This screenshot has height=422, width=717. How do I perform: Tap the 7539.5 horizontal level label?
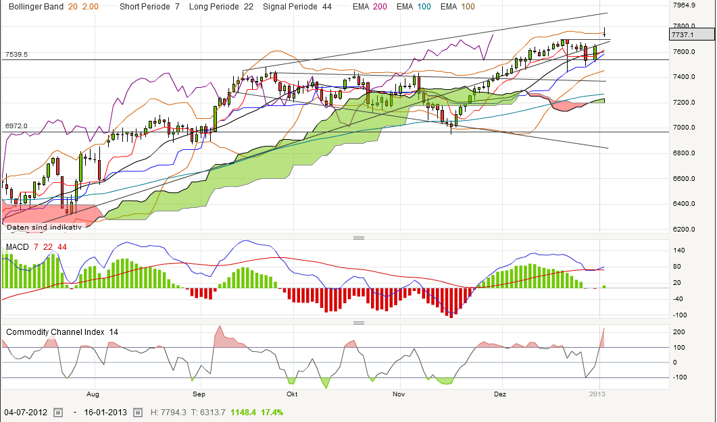pyautogui.click(x=16, y=54)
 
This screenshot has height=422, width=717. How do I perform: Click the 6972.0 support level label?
pyautogui.click(x=16, y=126)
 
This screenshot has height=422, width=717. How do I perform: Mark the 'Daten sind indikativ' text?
pyautogui.click(x=44, y=227)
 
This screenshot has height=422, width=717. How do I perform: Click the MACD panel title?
pyautogui.click(x=18, y=247)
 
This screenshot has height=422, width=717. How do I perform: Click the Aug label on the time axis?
pyautogui.click(x=93, y=393)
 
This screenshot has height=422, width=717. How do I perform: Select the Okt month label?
pyautogui.click(x=292, y=393)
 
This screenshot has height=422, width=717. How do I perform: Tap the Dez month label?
pyautogui.click(x=500, y=393)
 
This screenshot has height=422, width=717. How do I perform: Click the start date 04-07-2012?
pyautogui.click(x=26, y=412)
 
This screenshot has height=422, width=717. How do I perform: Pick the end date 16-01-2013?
pyautogui.click(x=105, y=412)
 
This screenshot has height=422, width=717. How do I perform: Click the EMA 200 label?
pyautogui.click(x=369, y=7)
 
